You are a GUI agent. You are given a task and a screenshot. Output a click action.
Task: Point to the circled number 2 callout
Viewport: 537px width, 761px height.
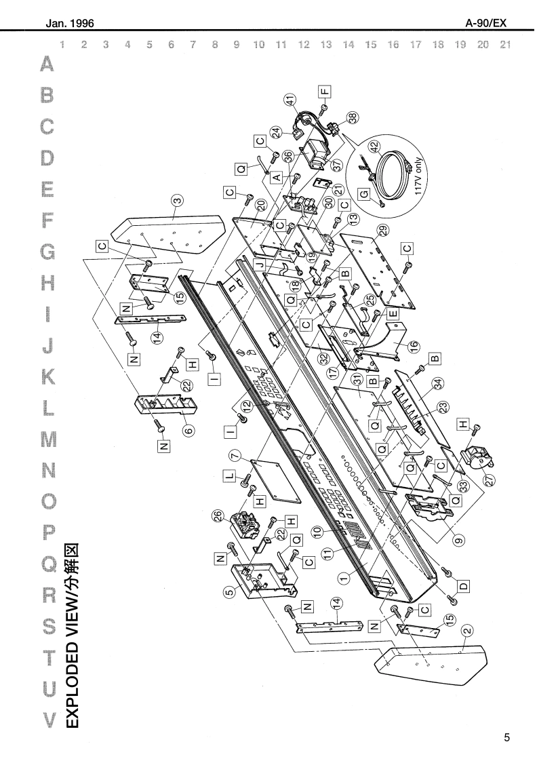point(467,630)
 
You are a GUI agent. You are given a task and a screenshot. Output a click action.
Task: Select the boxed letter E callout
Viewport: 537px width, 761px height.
point(393,314)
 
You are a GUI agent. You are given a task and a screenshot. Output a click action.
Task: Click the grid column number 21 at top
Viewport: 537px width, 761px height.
point(503,45)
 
